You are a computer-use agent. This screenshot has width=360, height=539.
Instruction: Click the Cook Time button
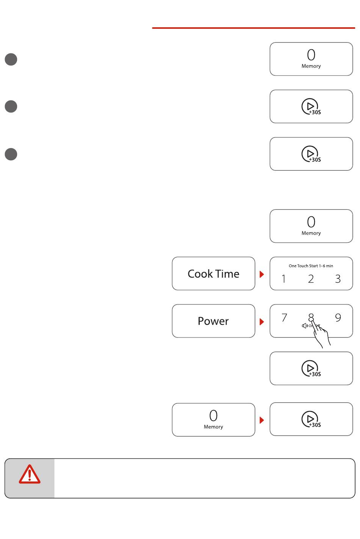pyautogui.click(x=213, y=274)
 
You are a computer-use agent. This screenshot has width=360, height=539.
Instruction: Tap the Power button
pyautogui.click(x=213, y=321)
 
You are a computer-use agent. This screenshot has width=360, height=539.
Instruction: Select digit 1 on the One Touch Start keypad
pyautogui.click(x=283, y=279)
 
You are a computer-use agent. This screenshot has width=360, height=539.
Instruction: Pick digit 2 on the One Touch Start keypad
pyautogui.click(x=311, y=279)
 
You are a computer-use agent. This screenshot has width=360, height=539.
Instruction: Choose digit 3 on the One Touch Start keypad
pyautogui.click(x=338, y=279)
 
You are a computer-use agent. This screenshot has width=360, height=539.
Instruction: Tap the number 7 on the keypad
pyautogui.click(x=284, y=318)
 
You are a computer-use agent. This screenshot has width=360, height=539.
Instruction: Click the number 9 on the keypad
pyautogui.click(x=338, y=318)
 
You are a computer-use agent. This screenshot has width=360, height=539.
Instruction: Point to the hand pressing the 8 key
pyautogui.click(x=322, y=335)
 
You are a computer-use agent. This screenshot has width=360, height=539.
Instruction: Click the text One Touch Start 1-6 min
pyautogui.click(x=311, y=266)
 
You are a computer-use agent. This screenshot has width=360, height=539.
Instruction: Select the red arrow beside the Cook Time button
pyautogui.click(x=261, y=274)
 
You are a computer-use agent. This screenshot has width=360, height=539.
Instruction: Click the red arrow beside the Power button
pyautogui.click(x=261, y=322)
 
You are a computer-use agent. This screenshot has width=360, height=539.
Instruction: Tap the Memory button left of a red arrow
pyautogui.click(x=213, y=420)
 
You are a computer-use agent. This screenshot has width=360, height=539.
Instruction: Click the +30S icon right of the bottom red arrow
pyautogui.click(x=311, y=419)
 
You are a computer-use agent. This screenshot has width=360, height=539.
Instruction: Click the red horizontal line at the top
pyautogui.click(x=254, y=28)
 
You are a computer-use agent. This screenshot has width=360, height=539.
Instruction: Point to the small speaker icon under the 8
pyautogui.click(x=304, y=326)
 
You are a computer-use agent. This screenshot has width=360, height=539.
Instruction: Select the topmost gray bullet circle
pyautogui.click(x=11, y=59)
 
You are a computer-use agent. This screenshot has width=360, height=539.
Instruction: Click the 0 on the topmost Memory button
pyautogui.click(x=311, y=55)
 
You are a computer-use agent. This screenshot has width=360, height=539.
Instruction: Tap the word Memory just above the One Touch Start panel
pyautogui.click(x=311, y=233)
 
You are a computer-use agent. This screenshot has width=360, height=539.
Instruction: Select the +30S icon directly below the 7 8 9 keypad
pyautogui.click(x=311, y=369)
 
